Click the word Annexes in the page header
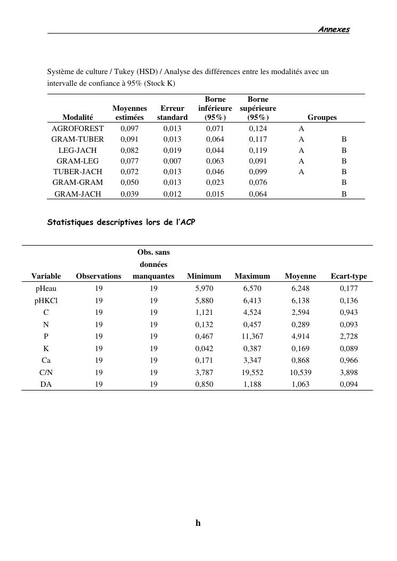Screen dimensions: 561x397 point(334,29)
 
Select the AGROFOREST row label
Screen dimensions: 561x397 point(77,128)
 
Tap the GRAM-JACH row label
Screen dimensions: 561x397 point(77,194)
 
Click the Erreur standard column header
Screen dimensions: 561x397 point(172,113)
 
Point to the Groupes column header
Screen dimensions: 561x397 point(322,117)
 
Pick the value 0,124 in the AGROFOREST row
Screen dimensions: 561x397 point(258,128)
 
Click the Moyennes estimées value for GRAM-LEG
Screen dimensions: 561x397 point(129,161)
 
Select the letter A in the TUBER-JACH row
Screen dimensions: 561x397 point(302,172)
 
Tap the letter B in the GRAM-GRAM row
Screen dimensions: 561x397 point(344,183)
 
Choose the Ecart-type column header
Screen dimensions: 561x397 point(349,276)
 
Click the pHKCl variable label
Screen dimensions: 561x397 point(46,300)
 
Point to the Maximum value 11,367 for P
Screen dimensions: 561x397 point(252,336)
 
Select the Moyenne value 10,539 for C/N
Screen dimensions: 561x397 point(301,372)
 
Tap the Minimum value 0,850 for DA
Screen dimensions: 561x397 point(204,384)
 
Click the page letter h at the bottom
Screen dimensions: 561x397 point(198,523)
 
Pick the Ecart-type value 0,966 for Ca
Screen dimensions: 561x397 point(349,360)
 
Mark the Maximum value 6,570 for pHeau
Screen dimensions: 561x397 point(252,288)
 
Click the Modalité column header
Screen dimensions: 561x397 point(77,117)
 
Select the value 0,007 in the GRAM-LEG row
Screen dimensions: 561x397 point(172,161)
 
